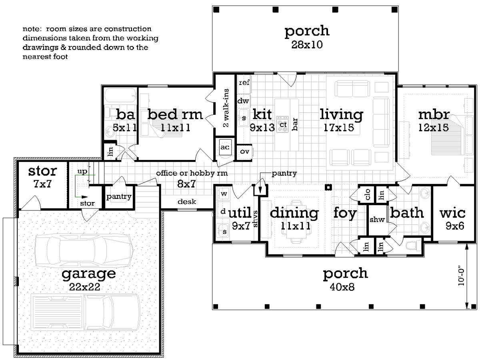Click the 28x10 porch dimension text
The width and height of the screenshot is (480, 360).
click(307, 44)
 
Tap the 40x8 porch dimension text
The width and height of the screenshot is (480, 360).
click(342, 287)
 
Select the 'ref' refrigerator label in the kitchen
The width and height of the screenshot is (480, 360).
click(244, 83)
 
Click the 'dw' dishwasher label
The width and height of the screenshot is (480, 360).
click(243, 101)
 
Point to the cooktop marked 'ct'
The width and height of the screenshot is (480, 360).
click(283, 124)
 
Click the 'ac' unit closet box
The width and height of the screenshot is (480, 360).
click(225, 147)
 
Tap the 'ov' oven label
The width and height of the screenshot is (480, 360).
click(244, 152)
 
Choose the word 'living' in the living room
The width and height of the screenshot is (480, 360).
click(341, 114)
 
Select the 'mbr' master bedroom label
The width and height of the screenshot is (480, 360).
click(434, 114)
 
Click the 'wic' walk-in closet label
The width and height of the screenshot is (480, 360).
click(452, 213)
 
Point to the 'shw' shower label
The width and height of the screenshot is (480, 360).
click(377, 219)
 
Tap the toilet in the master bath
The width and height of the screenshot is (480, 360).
click(413, 246)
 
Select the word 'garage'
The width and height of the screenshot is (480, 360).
click(88, 274)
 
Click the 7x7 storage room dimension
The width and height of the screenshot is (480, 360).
click(42, 184)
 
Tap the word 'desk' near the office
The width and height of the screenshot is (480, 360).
click(187, 202)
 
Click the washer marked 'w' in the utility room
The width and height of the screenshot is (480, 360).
click(224, 194)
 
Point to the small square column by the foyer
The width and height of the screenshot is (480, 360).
click(328, 187)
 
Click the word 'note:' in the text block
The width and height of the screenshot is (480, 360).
click(32, 29)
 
